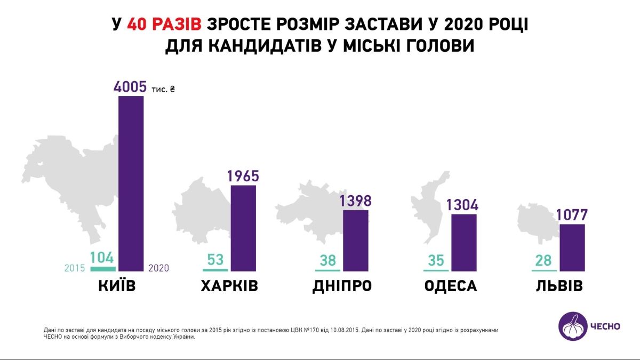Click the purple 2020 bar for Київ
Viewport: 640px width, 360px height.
click(131, 183)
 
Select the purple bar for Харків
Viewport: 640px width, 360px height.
click(243, 228)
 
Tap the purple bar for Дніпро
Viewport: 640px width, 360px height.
click(355, 241)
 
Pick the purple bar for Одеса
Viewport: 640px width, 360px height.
click(464, 243)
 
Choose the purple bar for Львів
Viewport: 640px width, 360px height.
click(572, 247)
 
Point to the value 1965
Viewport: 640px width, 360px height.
click(243, 176)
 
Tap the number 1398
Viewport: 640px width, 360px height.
click(355, 201)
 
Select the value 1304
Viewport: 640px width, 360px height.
click(462, 205)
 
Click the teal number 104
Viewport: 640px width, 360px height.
click(102, 258)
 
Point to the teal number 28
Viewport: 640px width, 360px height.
click(544, 261)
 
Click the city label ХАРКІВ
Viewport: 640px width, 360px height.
click(229, 286)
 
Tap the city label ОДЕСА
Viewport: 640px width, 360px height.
click(451, 286)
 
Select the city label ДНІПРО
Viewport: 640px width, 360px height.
click(342, 286)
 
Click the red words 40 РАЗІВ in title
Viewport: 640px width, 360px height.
click(164, 25)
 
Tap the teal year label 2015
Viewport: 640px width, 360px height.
click(75, 268)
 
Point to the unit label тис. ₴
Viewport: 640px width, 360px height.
click(162, 89)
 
